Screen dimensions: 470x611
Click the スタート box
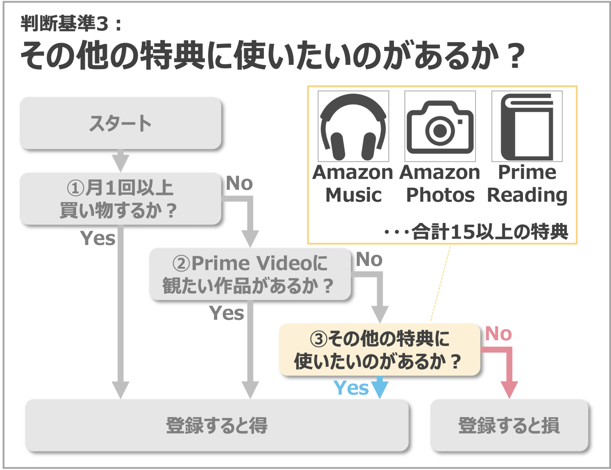[x=120, y=123]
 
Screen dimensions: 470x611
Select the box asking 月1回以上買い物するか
[x=120, y=199]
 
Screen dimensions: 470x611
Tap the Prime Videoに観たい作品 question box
[x=250, y=274]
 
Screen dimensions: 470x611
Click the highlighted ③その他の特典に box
[x=379, y=349]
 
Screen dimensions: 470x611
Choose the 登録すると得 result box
[x=217, y=425]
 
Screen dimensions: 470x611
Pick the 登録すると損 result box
[x=509, y=425]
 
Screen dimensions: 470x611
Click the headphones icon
[x=353, y=126]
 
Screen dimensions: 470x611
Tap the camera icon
[x=440, y=127]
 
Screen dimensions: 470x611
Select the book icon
[x=527, y=126]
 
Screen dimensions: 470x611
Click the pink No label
[x=498, y=333]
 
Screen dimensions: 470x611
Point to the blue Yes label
[x=351, y=388]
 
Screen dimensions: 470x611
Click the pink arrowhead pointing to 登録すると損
[x=509, y=389]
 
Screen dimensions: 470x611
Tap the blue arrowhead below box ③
[x=379, y=389]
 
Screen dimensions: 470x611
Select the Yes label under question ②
[x=226, y=313]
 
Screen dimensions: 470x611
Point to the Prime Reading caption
[x=527, y=184]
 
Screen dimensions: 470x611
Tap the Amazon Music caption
[x=353, y=184]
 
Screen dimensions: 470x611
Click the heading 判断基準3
[x=71, y=24]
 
